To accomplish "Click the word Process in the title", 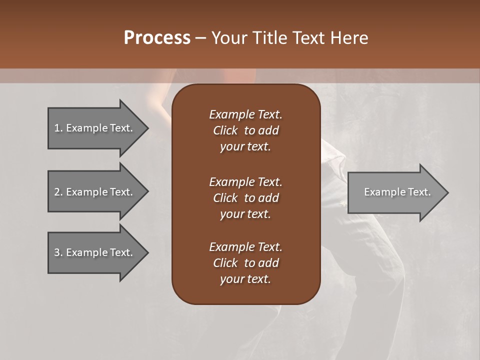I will (x=157, y=38).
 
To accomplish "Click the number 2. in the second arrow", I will (x=58, y=192).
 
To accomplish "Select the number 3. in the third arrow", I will (x=58, y=252).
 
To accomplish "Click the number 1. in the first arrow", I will (x=58, y=128).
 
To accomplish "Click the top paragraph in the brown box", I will (x=245, y=130).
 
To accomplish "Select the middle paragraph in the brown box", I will (x=245, y=198).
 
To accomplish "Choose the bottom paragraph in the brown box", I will (x=245, y=263).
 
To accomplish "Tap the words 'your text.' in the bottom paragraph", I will (x=245, y=279).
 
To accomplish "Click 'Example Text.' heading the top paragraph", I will (x=245, y=114).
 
